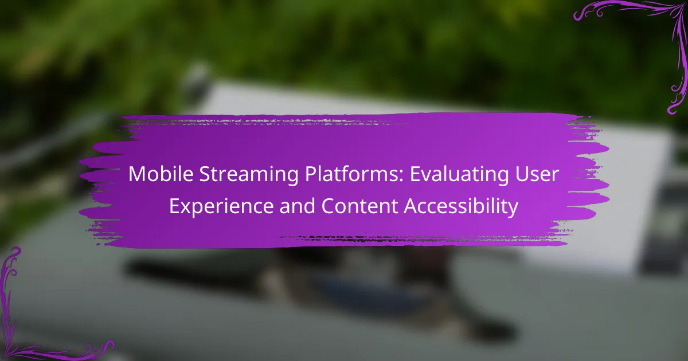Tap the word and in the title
pyautogui.click(x=297, y=206)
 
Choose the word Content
pyautogui.click(x=359, y=206)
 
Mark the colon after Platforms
pyautogui.click(x=401, y=176)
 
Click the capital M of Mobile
pyautogui.click(x=136, y=174)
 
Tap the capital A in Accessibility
pyautogui.click(x=412, y=206)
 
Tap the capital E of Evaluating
pyautogui.click(x=416, y=174)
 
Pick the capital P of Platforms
pyautogui.click(x=311, y=174)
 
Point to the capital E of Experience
pyautogui.click(x=174, y=206)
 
